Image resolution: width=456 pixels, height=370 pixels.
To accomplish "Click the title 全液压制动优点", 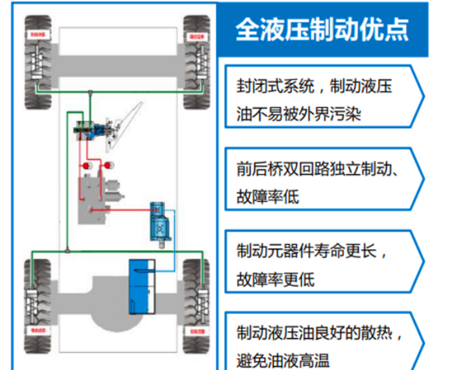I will (x=322, y=29).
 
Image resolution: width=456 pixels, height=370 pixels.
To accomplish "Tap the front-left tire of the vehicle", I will (x=38, y=63).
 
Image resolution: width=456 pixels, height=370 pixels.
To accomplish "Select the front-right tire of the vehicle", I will (x=197, y=63).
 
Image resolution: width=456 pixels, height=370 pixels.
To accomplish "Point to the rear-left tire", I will (x=38, y=302).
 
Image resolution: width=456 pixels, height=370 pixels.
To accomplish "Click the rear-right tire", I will (x=197, y=302).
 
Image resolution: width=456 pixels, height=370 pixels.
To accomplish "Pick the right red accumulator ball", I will (x=108, y=166).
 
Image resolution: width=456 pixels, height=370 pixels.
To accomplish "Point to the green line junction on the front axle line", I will (x=90, y=91).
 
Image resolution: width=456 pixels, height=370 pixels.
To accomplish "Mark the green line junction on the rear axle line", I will (x=68, y=251).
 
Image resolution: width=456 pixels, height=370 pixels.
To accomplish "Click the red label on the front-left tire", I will (x=38, y=35).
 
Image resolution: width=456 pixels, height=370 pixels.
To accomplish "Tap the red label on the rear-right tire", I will (x=197, y=330).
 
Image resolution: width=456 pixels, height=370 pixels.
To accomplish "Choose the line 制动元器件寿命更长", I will (x=312, y=252).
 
